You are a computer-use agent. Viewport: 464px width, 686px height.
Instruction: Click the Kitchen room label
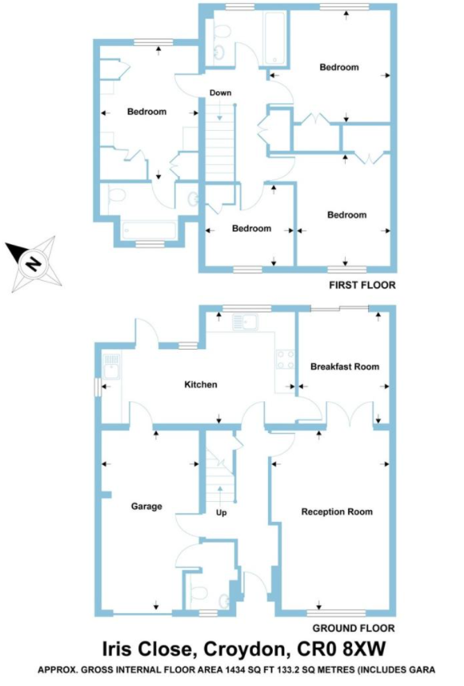click(201, 385)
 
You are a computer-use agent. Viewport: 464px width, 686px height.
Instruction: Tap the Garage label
click(147, 507)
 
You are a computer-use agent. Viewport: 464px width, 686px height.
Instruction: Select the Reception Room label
click(337, 512)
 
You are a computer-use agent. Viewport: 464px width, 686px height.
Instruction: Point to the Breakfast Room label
click(345, 366)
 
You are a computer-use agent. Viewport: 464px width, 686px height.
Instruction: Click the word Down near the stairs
click(220, 93)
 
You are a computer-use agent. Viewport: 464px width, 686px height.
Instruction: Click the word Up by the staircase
click(221, 512)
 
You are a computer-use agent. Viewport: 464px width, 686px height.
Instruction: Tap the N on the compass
click(33, 264)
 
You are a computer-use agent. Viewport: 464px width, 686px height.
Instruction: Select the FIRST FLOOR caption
click(362, 286)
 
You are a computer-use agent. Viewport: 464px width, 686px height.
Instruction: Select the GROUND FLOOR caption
click(354, 628)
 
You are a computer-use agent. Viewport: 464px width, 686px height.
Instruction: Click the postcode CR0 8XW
click(342, 649)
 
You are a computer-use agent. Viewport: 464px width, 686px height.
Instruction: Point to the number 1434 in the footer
click(236, 670)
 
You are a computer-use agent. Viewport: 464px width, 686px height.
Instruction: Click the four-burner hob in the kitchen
click(285, 359)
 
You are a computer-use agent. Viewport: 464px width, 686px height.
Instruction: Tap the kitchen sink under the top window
click(245, 323)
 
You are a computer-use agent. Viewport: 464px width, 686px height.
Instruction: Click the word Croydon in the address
click(247, 649)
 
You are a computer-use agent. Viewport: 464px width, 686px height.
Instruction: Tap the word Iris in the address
click(117, 649)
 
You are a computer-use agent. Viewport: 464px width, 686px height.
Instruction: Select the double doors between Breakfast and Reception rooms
click(350, 414)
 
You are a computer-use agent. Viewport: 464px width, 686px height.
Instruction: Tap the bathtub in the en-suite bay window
click(149, 231)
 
